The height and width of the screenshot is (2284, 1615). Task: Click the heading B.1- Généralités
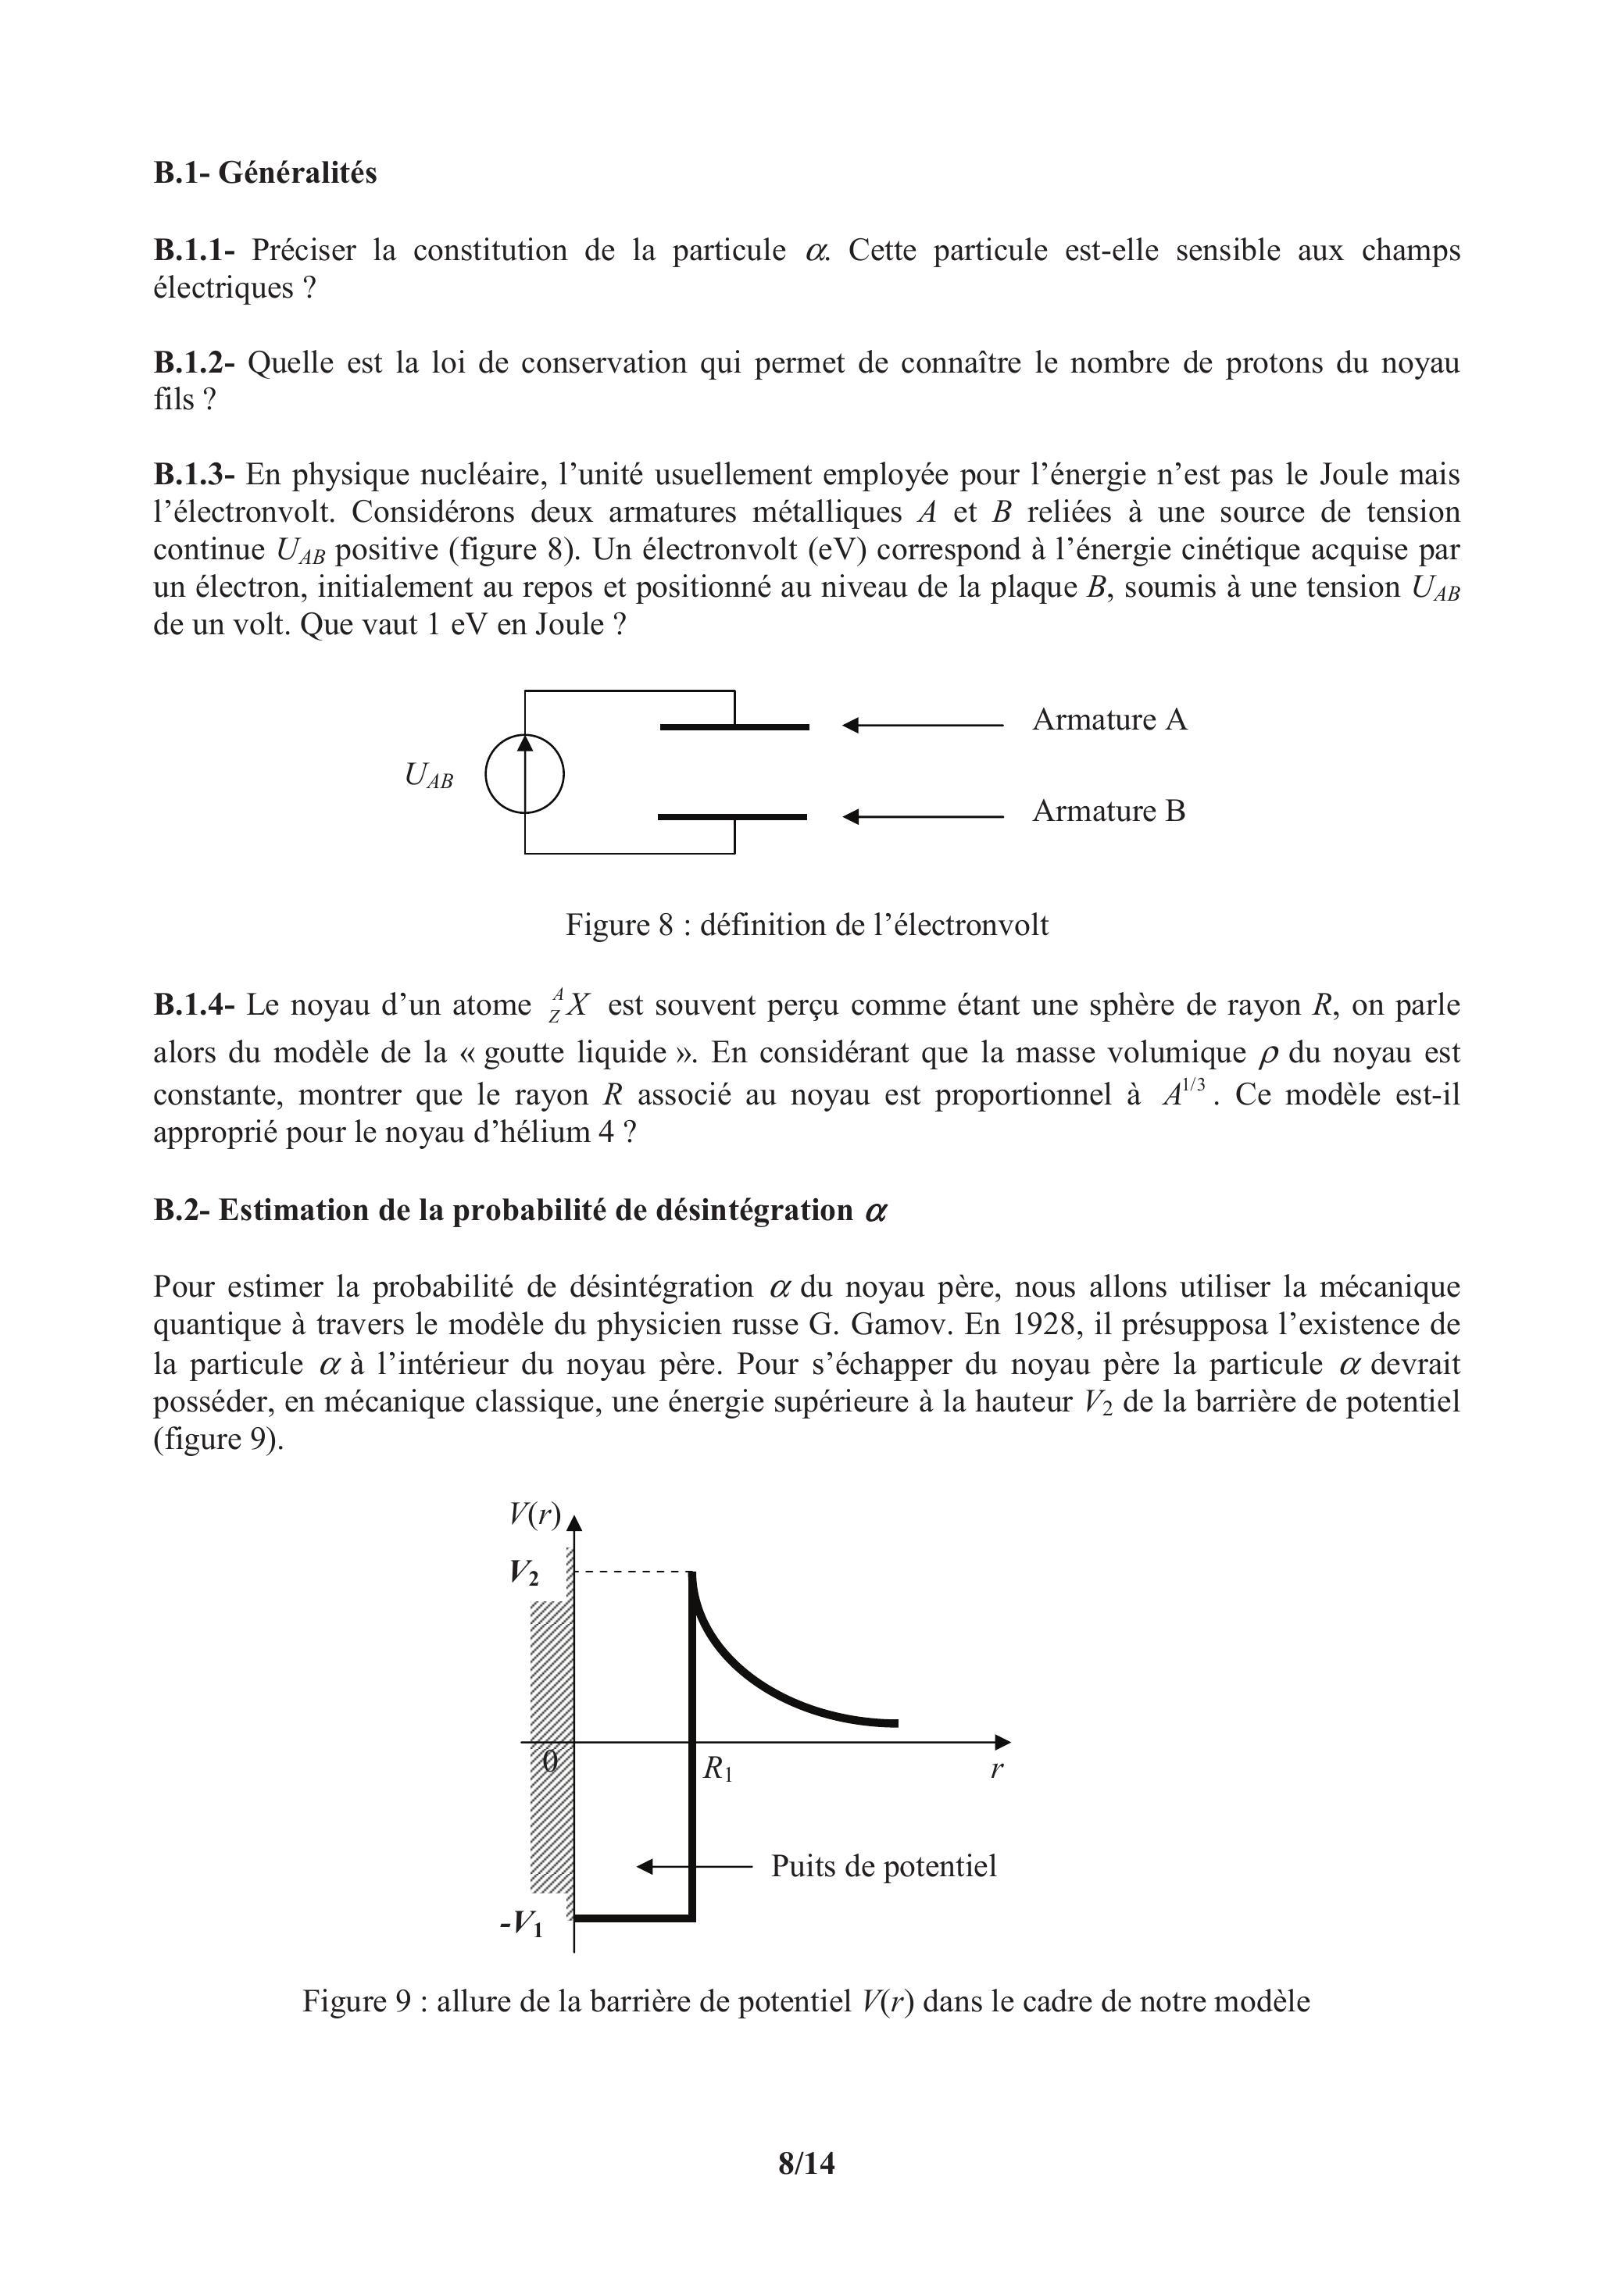tap(265, 173)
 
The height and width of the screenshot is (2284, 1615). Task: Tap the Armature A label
tap(1109, 719)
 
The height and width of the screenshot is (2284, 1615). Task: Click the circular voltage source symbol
tap(524, 774)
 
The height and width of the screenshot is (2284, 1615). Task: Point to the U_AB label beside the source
tap(428, 775)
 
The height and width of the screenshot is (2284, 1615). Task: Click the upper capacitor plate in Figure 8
tap(734, 727)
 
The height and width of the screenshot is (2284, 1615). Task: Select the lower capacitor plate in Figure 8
tap(732, 817)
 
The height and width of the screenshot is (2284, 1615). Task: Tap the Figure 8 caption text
tap(806, 925)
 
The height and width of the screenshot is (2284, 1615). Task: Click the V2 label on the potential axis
tap(524, 1572)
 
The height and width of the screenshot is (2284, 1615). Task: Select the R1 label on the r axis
tap(717, 1768)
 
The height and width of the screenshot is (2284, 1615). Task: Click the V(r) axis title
tap(534, 1514)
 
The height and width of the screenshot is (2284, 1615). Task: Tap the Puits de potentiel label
tap(883, 1865)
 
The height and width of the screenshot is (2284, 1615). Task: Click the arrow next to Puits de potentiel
tap(694, 1866)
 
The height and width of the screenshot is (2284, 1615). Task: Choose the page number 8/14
tap(806, 2164)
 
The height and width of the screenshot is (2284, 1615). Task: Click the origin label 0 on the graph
tap(550, 1761)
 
